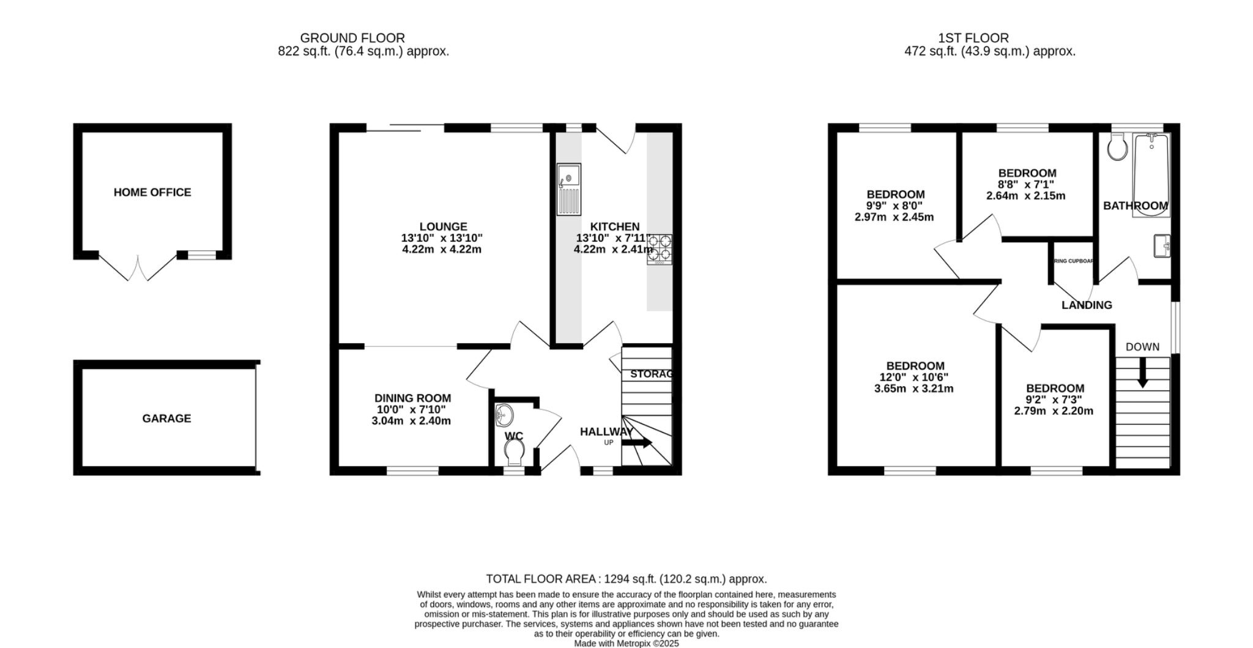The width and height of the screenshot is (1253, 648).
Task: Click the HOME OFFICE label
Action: pos(152,192)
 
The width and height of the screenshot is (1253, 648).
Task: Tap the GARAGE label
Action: pos(166,419)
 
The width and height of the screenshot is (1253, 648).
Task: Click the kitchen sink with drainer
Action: pos(568,189)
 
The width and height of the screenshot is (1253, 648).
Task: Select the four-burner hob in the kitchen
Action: pos(660,249)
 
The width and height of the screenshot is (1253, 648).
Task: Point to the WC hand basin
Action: pos(504,414)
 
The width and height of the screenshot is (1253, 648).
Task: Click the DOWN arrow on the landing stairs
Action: pos(1142,373)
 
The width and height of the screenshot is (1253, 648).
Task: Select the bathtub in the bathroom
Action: pos(1151,174)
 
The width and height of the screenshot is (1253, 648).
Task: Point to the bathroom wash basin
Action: pos(1162,246)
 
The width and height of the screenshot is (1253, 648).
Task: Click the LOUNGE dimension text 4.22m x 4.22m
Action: pos(442,249)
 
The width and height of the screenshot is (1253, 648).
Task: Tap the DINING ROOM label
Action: pos(412,398)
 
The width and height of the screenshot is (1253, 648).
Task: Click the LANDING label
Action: pos(1087,305)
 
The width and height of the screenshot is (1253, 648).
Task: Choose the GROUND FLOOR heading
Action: pos(352,38)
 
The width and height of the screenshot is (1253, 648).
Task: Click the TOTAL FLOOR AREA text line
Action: pos(626,578)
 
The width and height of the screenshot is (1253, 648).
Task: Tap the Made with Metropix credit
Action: pos(626,643)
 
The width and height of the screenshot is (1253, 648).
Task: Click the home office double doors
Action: pos(138,267)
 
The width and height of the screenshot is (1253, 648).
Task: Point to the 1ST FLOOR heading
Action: pos(973,38)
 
